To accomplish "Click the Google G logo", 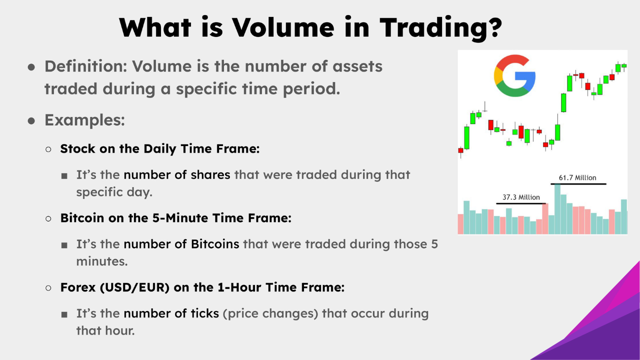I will (x=514, y=76).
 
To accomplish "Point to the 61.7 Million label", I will (x=577, y=177).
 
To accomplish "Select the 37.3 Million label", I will (x=521, y=197).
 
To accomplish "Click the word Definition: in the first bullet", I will (x=85, y=66).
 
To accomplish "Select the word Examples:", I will (x=84, y=120).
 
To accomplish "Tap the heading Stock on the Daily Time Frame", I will (x=159, y=148).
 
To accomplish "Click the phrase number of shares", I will (x=177, y=175).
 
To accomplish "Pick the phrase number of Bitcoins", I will (x=181, y=244).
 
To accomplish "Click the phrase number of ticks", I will (x=171, y=313).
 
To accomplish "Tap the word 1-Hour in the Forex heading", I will (x=244, y=287).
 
